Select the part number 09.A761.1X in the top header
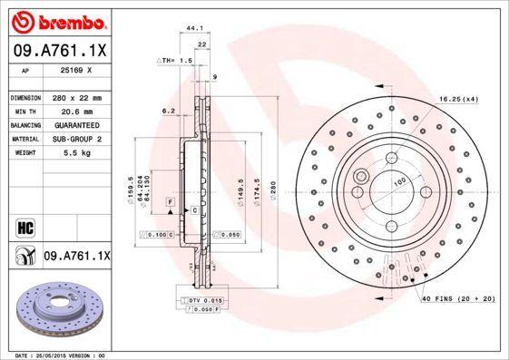(56, 51)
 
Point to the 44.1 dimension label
(193, 28)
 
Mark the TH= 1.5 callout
(176, 60)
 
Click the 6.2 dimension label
(168, 111)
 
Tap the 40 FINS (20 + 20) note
(459, 297)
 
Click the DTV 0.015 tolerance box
(203, 299)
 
